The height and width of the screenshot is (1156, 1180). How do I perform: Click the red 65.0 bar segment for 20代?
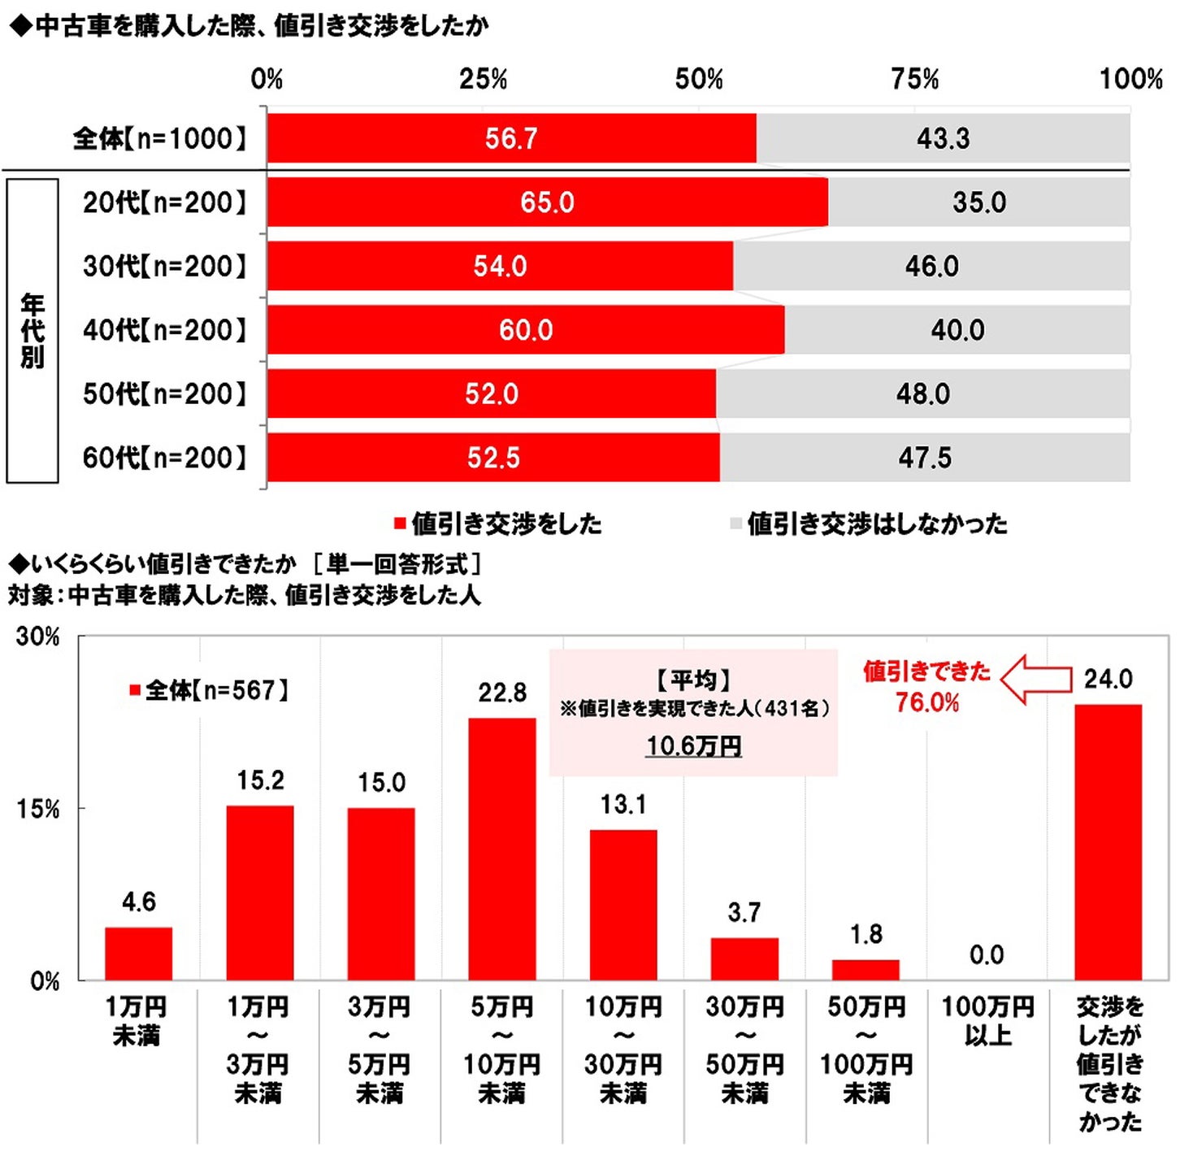click(547, 202)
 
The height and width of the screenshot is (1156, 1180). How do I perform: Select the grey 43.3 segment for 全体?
click(943, 139)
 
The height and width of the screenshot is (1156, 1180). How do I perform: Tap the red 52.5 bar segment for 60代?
click(492, 458)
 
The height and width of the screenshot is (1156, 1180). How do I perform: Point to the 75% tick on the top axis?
click(914, 80)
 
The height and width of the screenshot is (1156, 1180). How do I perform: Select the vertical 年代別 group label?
click(33, 331)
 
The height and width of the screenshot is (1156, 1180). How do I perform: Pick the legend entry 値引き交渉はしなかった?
click(870, 524)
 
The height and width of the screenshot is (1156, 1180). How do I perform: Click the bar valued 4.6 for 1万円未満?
click(138, 953)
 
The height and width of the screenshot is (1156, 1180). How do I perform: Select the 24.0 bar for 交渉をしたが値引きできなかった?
click(1108, 841)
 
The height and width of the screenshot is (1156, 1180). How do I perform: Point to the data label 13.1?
click(623, 805)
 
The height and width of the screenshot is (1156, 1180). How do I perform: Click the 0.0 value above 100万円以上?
click(987, 954)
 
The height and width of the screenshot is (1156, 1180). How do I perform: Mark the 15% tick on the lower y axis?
click(38, 810)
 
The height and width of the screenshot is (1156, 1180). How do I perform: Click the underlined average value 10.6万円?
click(694, 745)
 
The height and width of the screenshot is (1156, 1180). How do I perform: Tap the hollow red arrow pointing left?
click(1036, 680)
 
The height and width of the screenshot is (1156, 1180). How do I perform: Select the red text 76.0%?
click(927, 702)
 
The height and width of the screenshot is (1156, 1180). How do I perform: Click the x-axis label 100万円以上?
click(987, 1021)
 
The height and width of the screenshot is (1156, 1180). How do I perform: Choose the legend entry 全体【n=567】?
click(210, 691)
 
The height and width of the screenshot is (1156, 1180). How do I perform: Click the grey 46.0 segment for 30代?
click(931, 267)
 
